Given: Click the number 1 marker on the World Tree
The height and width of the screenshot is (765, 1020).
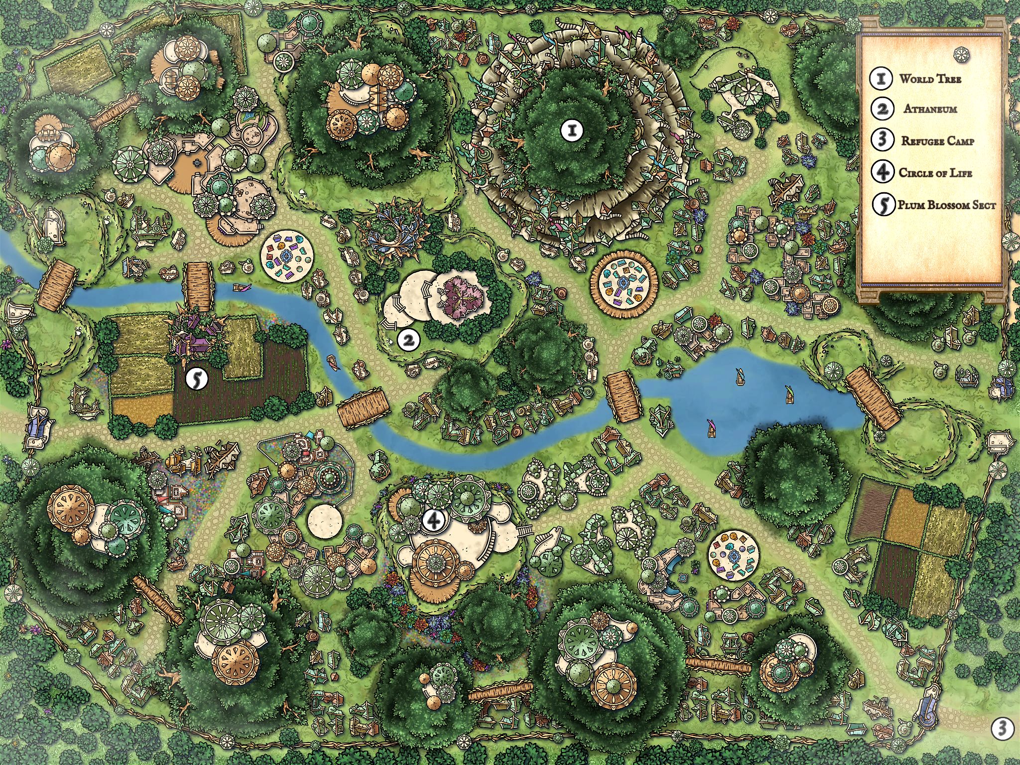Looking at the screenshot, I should [572, 130].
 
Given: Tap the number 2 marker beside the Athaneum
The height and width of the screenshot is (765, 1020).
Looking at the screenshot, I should [408, 340].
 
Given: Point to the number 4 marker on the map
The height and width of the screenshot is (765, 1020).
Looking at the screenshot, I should [433, 520].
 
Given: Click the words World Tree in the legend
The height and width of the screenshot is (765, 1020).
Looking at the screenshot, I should [930, 79].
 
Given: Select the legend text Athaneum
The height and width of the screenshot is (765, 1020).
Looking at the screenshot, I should [930, 109].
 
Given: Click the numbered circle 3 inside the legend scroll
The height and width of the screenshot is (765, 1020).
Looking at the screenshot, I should [882, 140].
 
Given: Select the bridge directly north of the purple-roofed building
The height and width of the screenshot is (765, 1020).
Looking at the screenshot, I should [198, 281].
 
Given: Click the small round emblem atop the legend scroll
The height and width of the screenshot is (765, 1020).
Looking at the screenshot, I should [961, 54].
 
